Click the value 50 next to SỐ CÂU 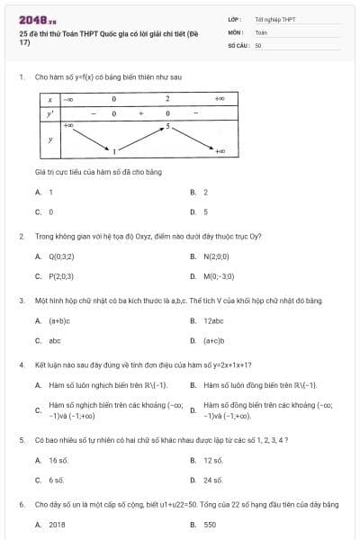coord(258,44)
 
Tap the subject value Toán coord(261,31)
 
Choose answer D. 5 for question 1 coord(205,212)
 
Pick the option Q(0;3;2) coord(61,256)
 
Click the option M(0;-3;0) coord(219,276)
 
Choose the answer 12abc coord(213,320)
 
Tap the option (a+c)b coord(213,341)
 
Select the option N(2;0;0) coord(216,256)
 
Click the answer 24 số coord(213,481)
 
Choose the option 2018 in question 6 coord(58,524)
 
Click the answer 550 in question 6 coord(210,524)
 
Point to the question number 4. coord(21,364)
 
